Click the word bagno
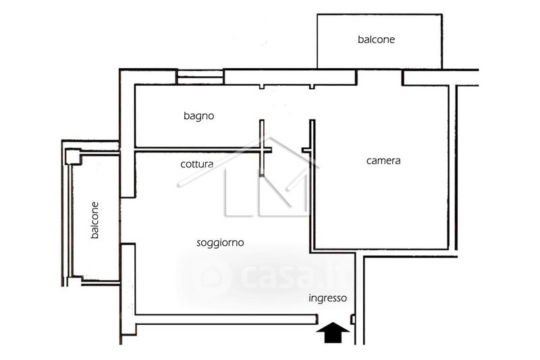click(199, 116)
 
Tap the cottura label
click(197, 164)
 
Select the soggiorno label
click(220, 242)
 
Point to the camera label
click(383, 161)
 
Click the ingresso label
click(327, 298)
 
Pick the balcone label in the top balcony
click(376, 39)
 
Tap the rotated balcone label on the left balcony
click(95, 220)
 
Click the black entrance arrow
click(333, 332)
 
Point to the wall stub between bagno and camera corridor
click(312, 135)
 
